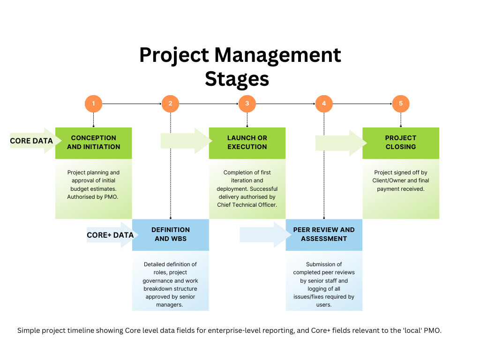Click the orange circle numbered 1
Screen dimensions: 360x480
click(x=94, y=104)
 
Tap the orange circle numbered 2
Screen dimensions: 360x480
click(x=170, y=104)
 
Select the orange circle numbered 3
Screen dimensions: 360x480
click(x=247, y=104)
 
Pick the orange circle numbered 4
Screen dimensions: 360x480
click(x=324, y=104)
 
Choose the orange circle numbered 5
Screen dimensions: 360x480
click(x=401, y=104)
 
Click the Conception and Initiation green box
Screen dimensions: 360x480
click(x=94, y=142)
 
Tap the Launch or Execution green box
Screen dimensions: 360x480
click(x=247, y=142)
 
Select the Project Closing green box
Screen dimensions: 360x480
click(x=401, y=142)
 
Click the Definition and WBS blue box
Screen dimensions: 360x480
click(x=171, y=234)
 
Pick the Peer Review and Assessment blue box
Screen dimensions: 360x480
click(x=324, y=234)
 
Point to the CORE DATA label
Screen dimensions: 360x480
click(x=31, y=141)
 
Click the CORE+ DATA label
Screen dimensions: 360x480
click(x=110, y=235)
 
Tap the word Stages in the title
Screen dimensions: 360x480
click(x=237, y=78)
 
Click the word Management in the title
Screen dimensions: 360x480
click(x=277, y=55)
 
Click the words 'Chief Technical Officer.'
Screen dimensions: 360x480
click(x=247, y=205)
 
